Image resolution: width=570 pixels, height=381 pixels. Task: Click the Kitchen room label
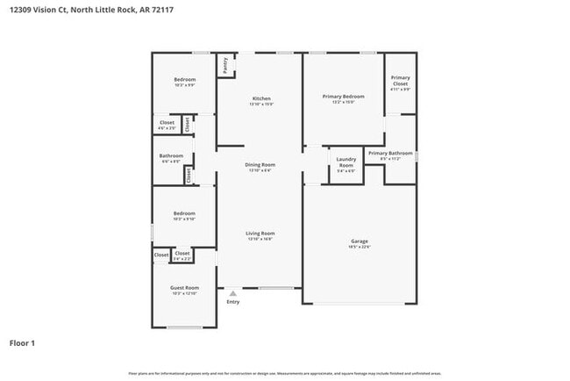(x=261, y=98)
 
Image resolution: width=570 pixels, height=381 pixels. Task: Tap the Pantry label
(x=226, y=64)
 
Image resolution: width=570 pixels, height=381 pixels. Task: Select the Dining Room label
(x=261, y=165)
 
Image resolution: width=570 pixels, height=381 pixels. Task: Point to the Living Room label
(x=260, y=234)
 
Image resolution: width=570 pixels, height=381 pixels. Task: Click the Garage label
(x=360, y=241)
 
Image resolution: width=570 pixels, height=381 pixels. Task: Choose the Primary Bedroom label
(x=343, y=96)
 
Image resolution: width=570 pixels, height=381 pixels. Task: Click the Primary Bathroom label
(x=390, y=154)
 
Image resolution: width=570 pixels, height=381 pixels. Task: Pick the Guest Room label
(x=184, y=288)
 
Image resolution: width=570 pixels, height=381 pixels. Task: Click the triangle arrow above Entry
(x=232, y=293)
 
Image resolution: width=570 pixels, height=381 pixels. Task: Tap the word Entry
(x=232, y=302)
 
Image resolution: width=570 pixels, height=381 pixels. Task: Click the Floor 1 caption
(x=22, y=342)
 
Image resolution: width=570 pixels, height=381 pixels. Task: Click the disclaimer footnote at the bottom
(x=284, y=373)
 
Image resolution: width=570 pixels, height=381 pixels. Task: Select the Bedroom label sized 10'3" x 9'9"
(x=184, y=80)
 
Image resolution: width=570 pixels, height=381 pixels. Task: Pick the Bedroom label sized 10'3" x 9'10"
(x=184, y=213)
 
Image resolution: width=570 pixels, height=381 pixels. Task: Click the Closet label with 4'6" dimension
(x=167, y=123)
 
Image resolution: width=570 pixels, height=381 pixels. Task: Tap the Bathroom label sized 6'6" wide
(x=171, y=156)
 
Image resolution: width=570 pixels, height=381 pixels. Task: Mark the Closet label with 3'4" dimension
(x=182, y=254)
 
